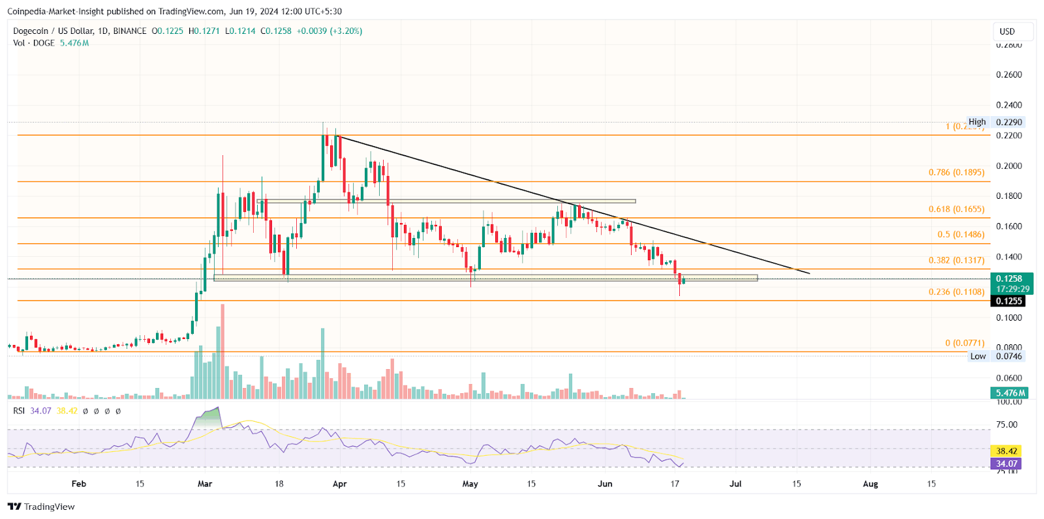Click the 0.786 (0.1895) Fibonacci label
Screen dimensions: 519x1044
click(956, 173)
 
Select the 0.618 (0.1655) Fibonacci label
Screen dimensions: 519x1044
click(956, 209)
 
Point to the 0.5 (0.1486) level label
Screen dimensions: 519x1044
click(960, 235)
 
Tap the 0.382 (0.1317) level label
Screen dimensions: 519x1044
click(956, 260)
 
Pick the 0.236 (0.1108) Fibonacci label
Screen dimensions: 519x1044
click(956, 292)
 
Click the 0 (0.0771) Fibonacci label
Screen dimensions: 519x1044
click(964, 343)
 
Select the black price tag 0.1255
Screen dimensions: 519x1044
click(1009, 301)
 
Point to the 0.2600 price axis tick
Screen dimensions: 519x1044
click(1009, 75)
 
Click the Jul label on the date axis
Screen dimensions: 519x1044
click(735, 484)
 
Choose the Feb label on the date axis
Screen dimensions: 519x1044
click(78, 484)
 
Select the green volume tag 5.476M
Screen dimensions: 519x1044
click(1009, 393)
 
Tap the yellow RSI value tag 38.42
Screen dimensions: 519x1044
click(1006, 451)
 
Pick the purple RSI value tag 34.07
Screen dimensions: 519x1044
click(1006, 464)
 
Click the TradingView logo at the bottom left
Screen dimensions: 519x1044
click(41, 507)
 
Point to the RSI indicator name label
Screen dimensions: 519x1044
click(19, 411)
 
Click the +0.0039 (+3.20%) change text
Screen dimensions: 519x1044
click(329, 31)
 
